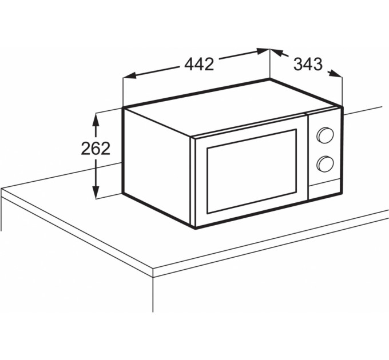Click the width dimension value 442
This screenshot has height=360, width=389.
click(199, 65)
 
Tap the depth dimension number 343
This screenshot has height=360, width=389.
click(308, 64)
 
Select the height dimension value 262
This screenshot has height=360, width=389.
click(96, 149)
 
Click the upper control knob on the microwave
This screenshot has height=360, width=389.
click(325, 135)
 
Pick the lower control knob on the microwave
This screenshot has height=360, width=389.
click(325, 164)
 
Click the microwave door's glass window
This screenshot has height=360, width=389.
click(252, 171)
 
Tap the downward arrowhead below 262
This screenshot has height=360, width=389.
click(96, 191)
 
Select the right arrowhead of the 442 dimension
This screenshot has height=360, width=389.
click(263, 51)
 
